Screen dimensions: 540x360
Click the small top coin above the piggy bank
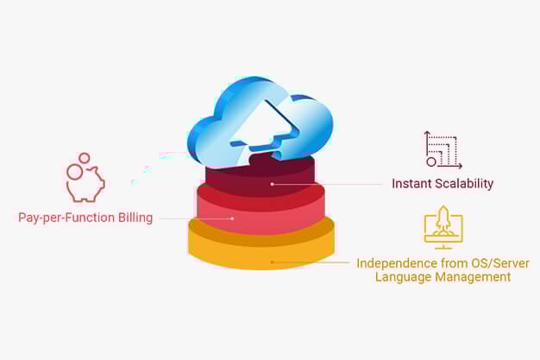pos(84,158)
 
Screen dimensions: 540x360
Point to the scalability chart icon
pos(443,150)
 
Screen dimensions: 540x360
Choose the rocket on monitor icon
pos(443,228)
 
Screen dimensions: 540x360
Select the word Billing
pos(135,218)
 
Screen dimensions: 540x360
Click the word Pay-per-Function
pos(66,218)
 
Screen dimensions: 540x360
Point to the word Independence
pos(397,263)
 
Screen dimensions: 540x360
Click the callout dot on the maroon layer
pos(272,184)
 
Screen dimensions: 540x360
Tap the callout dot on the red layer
pos(232,218)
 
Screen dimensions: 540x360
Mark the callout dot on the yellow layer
pos(272,262)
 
